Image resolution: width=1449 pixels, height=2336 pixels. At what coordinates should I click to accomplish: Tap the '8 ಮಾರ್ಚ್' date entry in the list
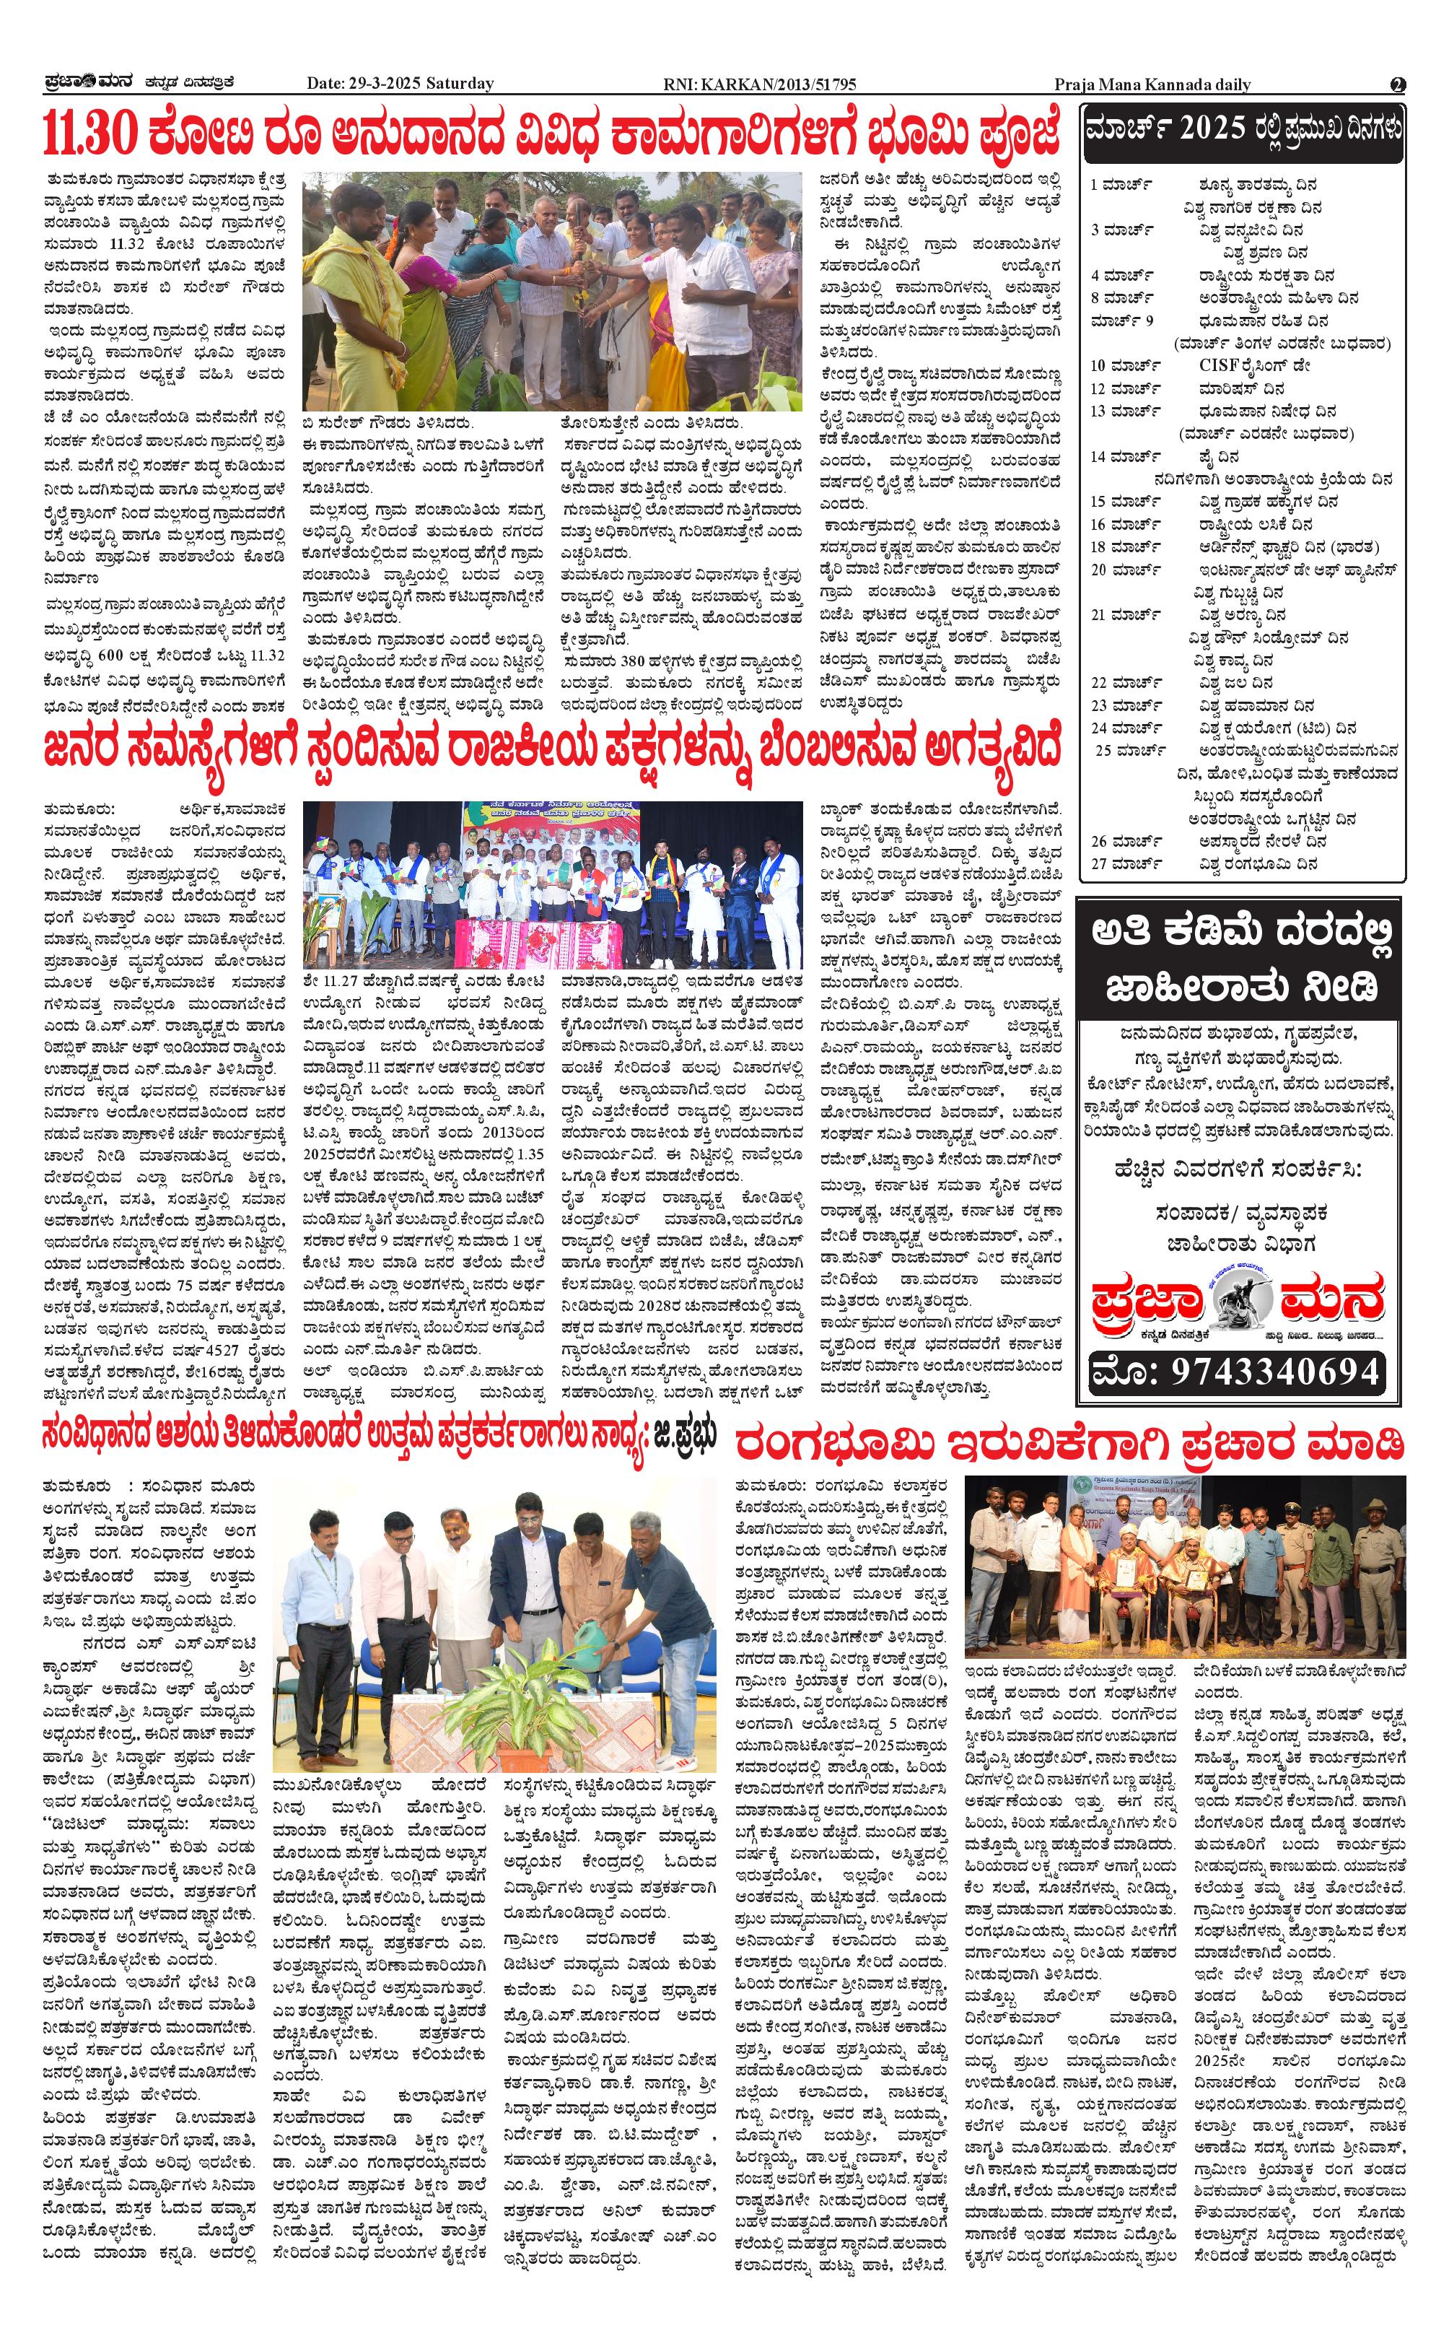(1120, 297)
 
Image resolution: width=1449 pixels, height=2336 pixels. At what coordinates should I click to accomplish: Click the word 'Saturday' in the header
(462, 84)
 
